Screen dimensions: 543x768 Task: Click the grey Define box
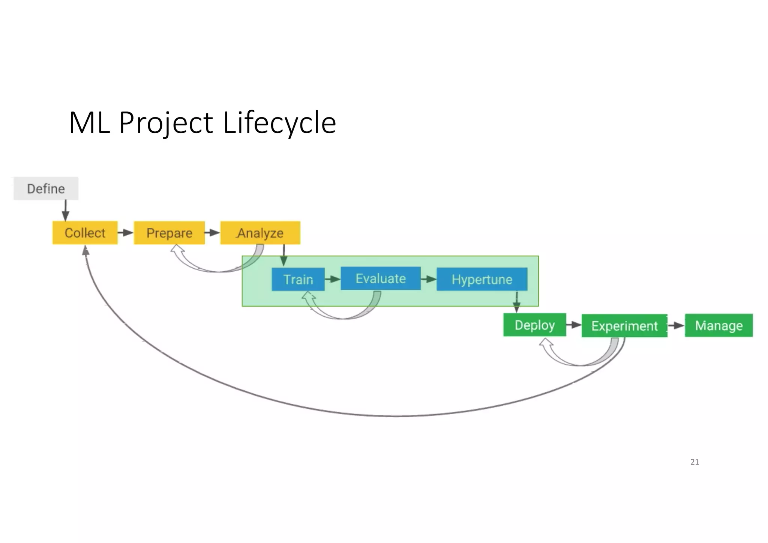[46, 188]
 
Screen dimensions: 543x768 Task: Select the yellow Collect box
[85, 233]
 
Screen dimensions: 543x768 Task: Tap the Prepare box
[169, 233]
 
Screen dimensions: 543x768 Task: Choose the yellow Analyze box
[260, 233]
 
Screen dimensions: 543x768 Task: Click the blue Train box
[298, 279]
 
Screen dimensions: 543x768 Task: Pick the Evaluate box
[381, 278]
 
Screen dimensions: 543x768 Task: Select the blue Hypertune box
[482, 279]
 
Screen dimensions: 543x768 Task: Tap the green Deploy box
[534, 325]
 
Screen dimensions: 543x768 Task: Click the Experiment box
[624, 326]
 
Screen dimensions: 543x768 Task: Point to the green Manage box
[718, 325]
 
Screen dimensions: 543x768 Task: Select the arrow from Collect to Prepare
[126, 233]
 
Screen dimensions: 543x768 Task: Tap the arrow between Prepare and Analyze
[213, 233]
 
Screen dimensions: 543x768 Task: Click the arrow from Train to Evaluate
[333, 279]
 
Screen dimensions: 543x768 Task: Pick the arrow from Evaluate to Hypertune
[429, 279]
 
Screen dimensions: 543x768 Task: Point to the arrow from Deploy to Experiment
[574, 325]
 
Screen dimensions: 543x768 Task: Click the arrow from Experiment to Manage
[676, 325]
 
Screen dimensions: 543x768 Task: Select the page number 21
[694, 462]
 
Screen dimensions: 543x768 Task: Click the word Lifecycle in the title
[279, 122]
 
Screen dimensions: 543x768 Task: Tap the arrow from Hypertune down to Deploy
[517, 302]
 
